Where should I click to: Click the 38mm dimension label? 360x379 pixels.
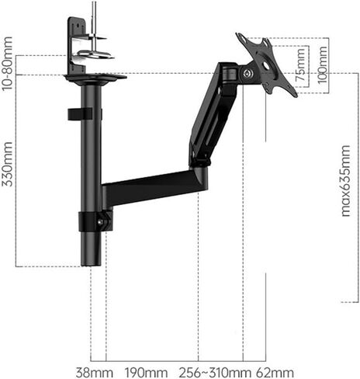pyautogui.click(x=95, y=373)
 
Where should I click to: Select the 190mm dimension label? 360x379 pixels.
pyautogui.click(x=147, y=373)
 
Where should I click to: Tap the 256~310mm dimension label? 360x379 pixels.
pyautogui.click(x=215, y=373)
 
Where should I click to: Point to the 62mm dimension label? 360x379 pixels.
pyautogui.click(x=275, y=373)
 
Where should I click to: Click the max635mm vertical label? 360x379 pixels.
pyautogui.click(x=345, y=181)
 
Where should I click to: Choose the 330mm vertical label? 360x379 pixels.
pyautogui.click(x=7, y=164)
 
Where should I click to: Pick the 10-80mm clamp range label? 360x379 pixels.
pyautogui.click(x=7, y=64)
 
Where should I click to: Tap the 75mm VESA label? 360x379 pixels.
pyautogui.click(x=300, y=65)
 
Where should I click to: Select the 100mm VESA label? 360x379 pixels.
pyautogui.click(x=322, y=65)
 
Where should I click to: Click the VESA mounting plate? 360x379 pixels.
pyautogui.click(x=266, y=64)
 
